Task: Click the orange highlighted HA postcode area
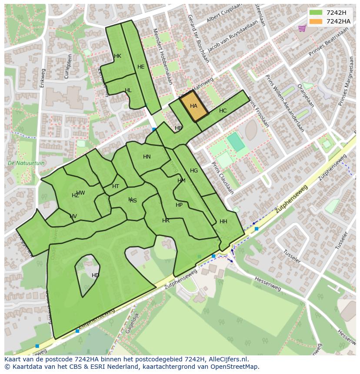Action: pyautogui.click(x=194, y=106)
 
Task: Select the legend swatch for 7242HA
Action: pyautogui.click(x=316, y=21)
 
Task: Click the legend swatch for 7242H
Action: pyautogui.click(x=316, y=13)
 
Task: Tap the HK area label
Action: pyautogui.click(x=117, y=56)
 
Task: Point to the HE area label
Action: pyautogui.click(x=141, y=67)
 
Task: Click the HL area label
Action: pyautogui.click(x=128, y=90)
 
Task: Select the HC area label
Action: pyautogui.click(x=223, y=111)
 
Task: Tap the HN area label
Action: pyautogui.click(x=147, y=157)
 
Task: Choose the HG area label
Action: pyautogui.click(x=194, y=171)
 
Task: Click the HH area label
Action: pyautogui.click(x=223, y=222)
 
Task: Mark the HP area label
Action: pyautogui.click(x=179, y=205)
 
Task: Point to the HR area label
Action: pyautogui.click(x=166, y=221)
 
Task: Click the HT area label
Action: pyautogui.click(x=116, y=186)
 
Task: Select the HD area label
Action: pyautogui.click(x=95, y=275)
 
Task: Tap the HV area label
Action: pyautogui.click(x=73, y=216)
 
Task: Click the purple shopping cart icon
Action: pyautogui.click(x=301, y=28)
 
